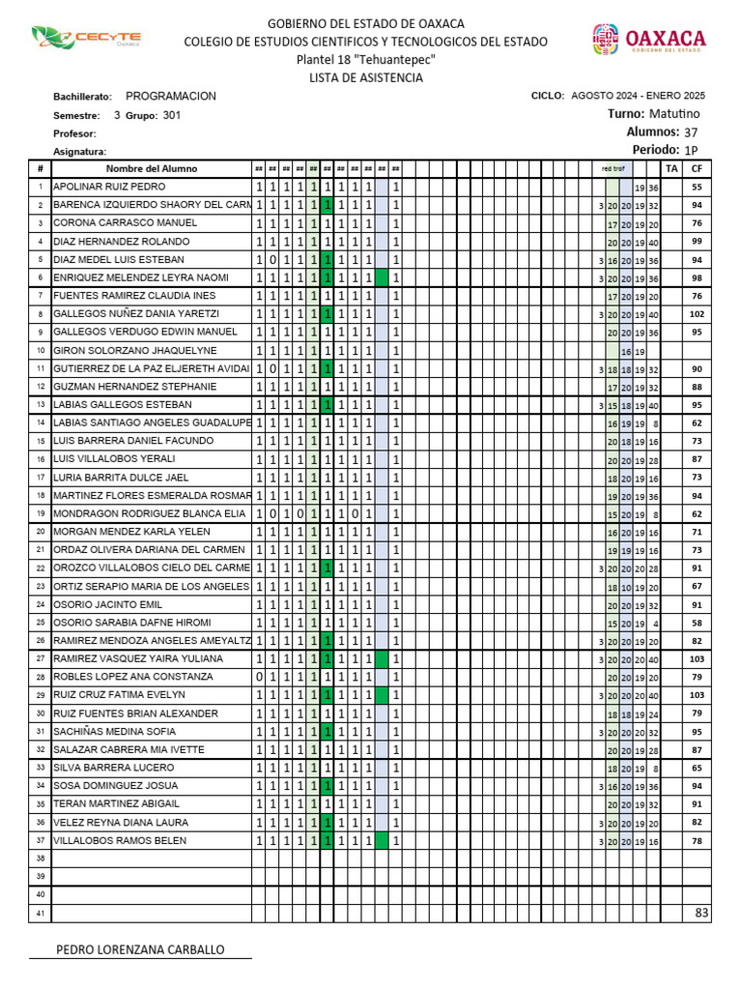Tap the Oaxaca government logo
tap(649, 40)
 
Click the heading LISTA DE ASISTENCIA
tap(365, 77)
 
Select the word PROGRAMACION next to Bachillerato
tap(171, 97)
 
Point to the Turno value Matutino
tap(674, 114)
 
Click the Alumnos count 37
tap(690, 132)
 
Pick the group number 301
tap(171, 115)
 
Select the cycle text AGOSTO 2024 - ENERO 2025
tap(638, 96)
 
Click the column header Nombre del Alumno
tap(152, 169)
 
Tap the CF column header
tap(697, 169)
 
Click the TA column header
tap(673, 169)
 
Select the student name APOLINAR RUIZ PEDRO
tap(109, 187)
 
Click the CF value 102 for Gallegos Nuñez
tap(697, 314)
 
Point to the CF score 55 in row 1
tap(697, 187)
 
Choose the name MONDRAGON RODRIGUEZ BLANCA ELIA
tap(149, 514)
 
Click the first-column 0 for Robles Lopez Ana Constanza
tap(259, 677)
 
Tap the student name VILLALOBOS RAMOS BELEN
tap(120, 841)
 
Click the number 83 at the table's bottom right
tap(701, 913)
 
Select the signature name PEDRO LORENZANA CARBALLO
tap(141, 949)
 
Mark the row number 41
tap(41, 914)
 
